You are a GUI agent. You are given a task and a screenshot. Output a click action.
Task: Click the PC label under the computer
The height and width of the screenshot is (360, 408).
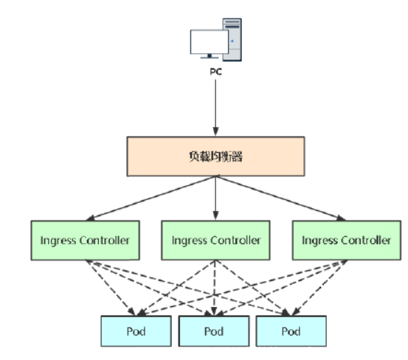(215, 72)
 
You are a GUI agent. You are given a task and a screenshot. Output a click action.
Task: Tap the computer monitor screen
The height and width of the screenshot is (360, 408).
(210, 42)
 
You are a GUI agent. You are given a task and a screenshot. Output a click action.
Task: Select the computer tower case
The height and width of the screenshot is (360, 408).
(232, 40)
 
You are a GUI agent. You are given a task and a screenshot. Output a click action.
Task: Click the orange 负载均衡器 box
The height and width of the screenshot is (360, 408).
(215, 156)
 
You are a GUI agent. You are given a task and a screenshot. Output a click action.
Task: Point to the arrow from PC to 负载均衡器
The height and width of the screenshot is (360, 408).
(215, 108)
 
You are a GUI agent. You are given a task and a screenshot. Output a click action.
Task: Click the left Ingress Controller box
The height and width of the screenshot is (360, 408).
(85, 240)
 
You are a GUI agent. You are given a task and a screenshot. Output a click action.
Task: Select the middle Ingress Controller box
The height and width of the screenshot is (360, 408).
(215, 240)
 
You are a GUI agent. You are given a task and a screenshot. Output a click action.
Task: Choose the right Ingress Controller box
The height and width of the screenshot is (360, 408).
(347, 240)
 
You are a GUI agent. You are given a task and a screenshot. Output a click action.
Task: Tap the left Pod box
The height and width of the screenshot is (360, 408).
(136, 331)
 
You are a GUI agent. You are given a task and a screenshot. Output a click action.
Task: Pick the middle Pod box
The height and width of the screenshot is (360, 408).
(214, 331)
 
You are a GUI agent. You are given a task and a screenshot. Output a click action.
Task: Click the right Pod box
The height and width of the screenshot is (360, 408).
(291, 331)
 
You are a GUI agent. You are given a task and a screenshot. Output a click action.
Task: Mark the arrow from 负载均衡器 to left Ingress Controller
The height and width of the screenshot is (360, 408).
(151, 198)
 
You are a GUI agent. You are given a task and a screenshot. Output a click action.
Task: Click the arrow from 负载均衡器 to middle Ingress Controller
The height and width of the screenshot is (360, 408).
(215, 198)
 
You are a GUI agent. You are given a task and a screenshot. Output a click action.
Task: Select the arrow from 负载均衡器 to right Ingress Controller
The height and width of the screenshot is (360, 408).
(281, 198)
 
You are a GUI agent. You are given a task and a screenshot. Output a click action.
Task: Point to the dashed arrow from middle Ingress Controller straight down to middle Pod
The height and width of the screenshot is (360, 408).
(215, 288)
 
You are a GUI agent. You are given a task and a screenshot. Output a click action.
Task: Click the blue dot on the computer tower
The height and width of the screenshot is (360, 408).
(232, 41)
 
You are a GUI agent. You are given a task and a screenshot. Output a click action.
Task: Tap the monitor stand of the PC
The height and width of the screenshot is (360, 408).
(210, 56)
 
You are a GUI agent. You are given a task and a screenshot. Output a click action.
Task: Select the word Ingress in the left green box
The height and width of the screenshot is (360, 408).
(58, 241)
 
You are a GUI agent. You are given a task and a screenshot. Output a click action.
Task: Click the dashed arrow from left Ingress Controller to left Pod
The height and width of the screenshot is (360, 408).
(111, 288)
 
